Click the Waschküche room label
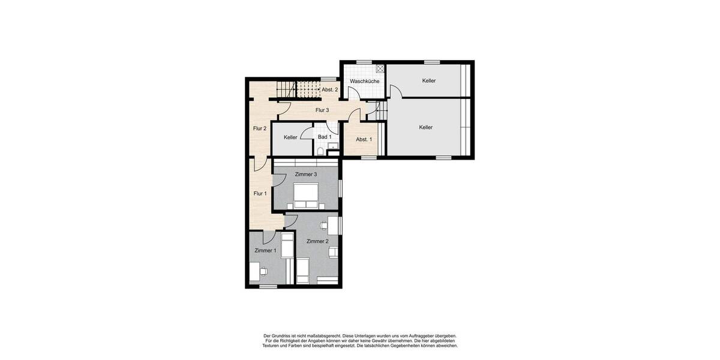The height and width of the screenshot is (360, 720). pyautogui.click(x=364, y=81)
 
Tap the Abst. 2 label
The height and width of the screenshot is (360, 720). pyautogui.click(x=329, y=89)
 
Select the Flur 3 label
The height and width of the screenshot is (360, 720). pyautogui.click(x=322, y=110)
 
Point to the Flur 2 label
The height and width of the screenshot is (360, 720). pyautogui.click(x=259, y=128)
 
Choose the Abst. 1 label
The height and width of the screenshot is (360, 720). pyautogui.click(x=364, y=140)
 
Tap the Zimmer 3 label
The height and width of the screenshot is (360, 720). pyautogui.click(x=306, y=175)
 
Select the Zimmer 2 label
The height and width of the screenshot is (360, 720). pyautogui.click(x=317, y=241)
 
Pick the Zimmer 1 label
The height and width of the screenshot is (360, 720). pyautogui.click(x=265, y=250)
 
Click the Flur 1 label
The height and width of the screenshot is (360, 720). pyautogui.click(x=260, y=193)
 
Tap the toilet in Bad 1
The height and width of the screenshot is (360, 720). pyautogui.click(x=321, y=151)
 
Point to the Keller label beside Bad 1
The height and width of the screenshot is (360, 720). pyautogui.click(x=290, y=137)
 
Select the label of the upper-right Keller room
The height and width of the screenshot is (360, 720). pyautogui.click(x=428, y=80)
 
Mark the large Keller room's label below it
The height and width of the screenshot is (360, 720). pyautogui.click(x=426, y=127)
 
